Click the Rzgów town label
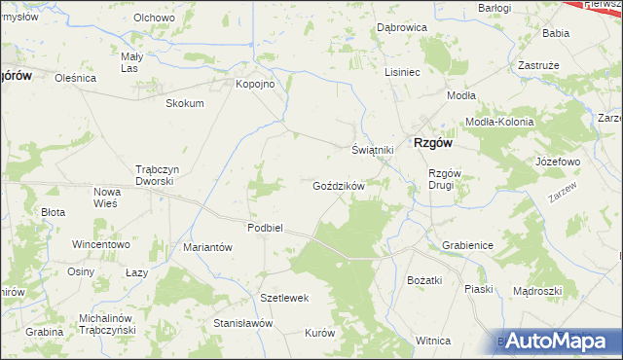(x=433, y=141)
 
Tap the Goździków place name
(x=339, y=185)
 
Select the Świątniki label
(x=372, y=150)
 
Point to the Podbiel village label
(x=264, y=227)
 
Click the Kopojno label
(x=256, y=84)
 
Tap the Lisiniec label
(x=402, y=72)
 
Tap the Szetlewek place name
(x=284, y=297)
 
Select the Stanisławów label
(x=242, y=322)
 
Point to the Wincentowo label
(x=100, y=244)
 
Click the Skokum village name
(x=185, y=103)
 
